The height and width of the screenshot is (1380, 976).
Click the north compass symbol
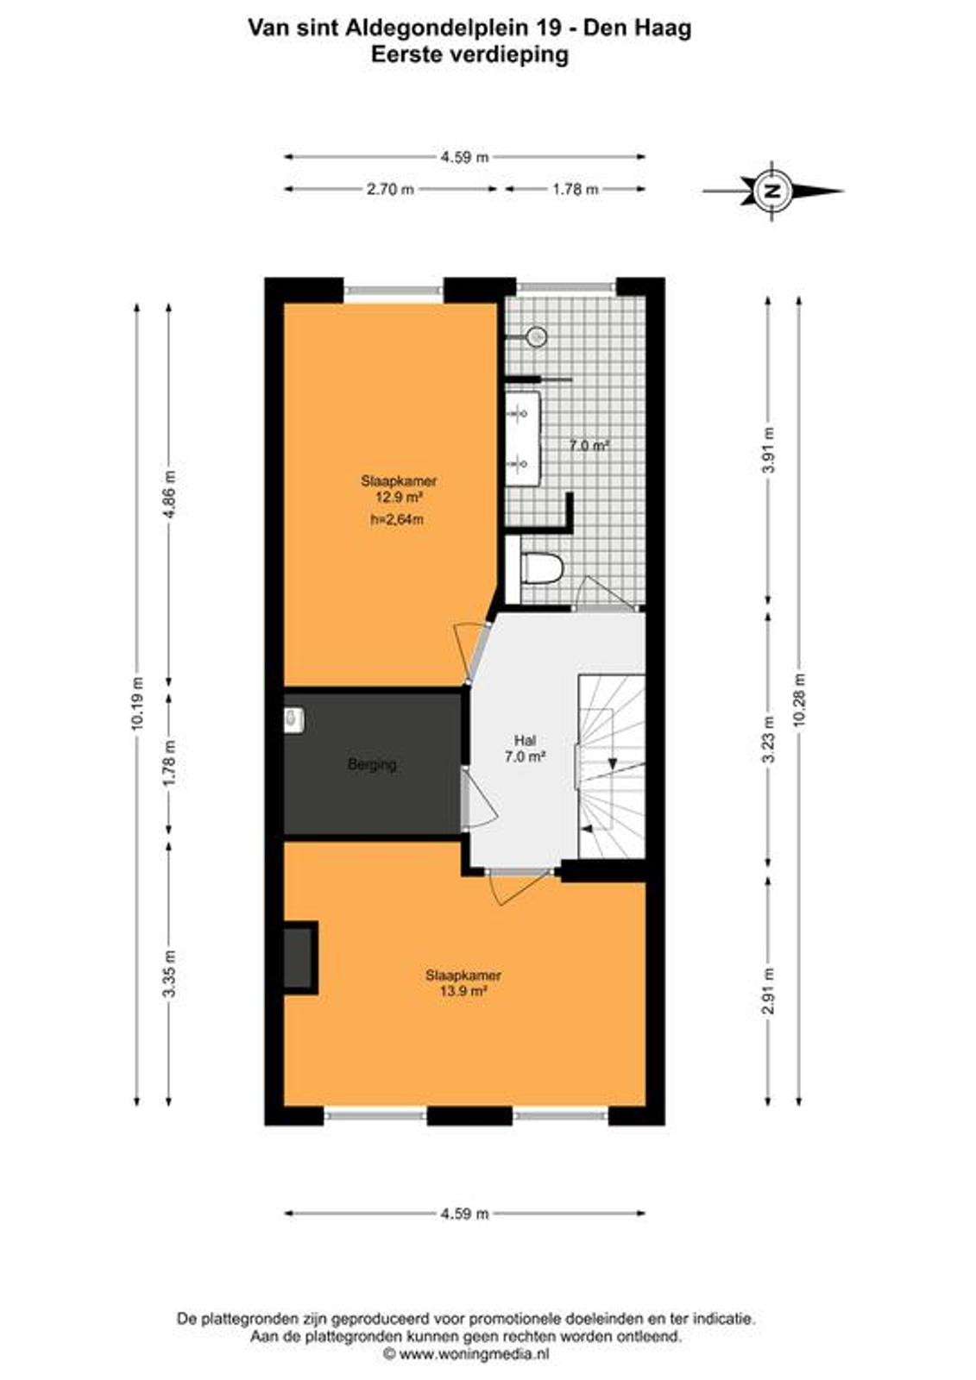click(773, 191)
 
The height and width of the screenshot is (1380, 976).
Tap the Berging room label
click(372, 765)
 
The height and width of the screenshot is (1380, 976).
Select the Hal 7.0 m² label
click(525, 750)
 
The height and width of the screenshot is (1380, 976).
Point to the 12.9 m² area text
click(399, 497)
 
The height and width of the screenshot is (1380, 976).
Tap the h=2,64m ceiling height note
click(397, 519)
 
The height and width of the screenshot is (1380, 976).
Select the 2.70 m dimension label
click(390, 189)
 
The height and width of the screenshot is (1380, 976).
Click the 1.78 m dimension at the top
click(575, 189)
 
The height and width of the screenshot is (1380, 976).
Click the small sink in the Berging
click(293, 720)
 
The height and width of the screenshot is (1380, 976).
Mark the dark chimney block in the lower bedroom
click(300, 958)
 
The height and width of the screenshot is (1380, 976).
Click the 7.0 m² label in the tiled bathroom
click(589, 445)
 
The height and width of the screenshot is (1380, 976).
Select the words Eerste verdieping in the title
click(469, 55)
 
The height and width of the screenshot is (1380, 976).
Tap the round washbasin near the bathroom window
click(537, 336)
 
